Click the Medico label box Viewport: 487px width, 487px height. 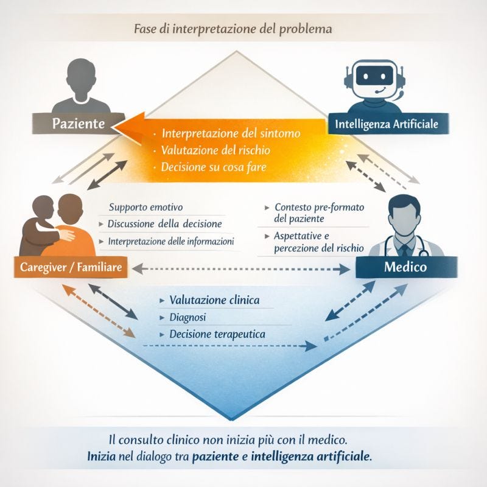(404, 267)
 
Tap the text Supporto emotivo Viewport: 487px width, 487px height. (144, 208)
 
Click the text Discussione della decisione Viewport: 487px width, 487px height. (164, 224)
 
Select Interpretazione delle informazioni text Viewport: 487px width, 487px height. (170, 241)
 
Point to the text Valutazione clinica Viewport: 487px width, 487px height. (214, 301)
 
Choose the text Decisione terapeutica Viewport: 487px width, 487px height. (217, 335)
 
